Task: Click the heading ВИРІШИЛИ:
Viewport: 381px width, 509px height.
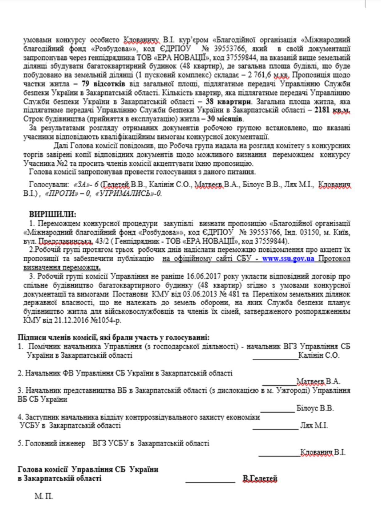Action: (x=53, y=214)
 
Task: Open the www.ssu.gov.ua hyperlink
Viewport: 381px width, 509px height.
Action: (x=288, y=259)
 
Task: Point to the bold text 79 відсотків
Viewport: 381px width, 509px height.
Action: (x=103, y=84)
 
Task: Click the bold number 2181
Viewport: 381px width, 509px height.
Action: (x=322, y=110)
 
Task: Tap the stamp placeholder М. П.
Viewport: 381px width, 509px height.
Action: (x=44, y=496)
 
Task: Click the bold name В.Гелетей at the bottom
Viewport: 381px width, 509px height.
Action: (x=260, y=478)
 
